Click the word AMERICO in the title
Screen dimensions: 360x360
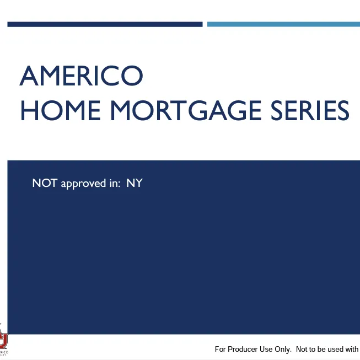tap(81, 76)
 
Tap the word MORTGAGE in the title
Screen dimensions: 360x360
tap(179, 110)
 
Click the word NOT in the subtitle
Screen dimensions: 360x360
tap(45, 183)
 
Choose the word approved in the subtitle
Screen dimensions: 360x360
tap(80, 184)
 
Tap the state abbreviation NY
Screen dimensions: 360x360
tap(135, 183)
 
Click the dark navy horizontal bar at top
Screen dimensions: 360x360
tap(105, 24)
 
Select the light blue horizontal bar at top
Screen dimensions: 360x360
tap(283, 24)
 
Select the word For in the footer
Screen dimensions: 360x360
tap(221, 349)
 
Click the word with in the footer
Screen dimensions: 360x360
tap(353, 349)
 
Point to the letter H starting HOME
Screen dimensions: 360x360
tap(29, 110)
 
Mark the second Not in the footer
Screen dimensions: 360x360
tap(302, 349)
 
